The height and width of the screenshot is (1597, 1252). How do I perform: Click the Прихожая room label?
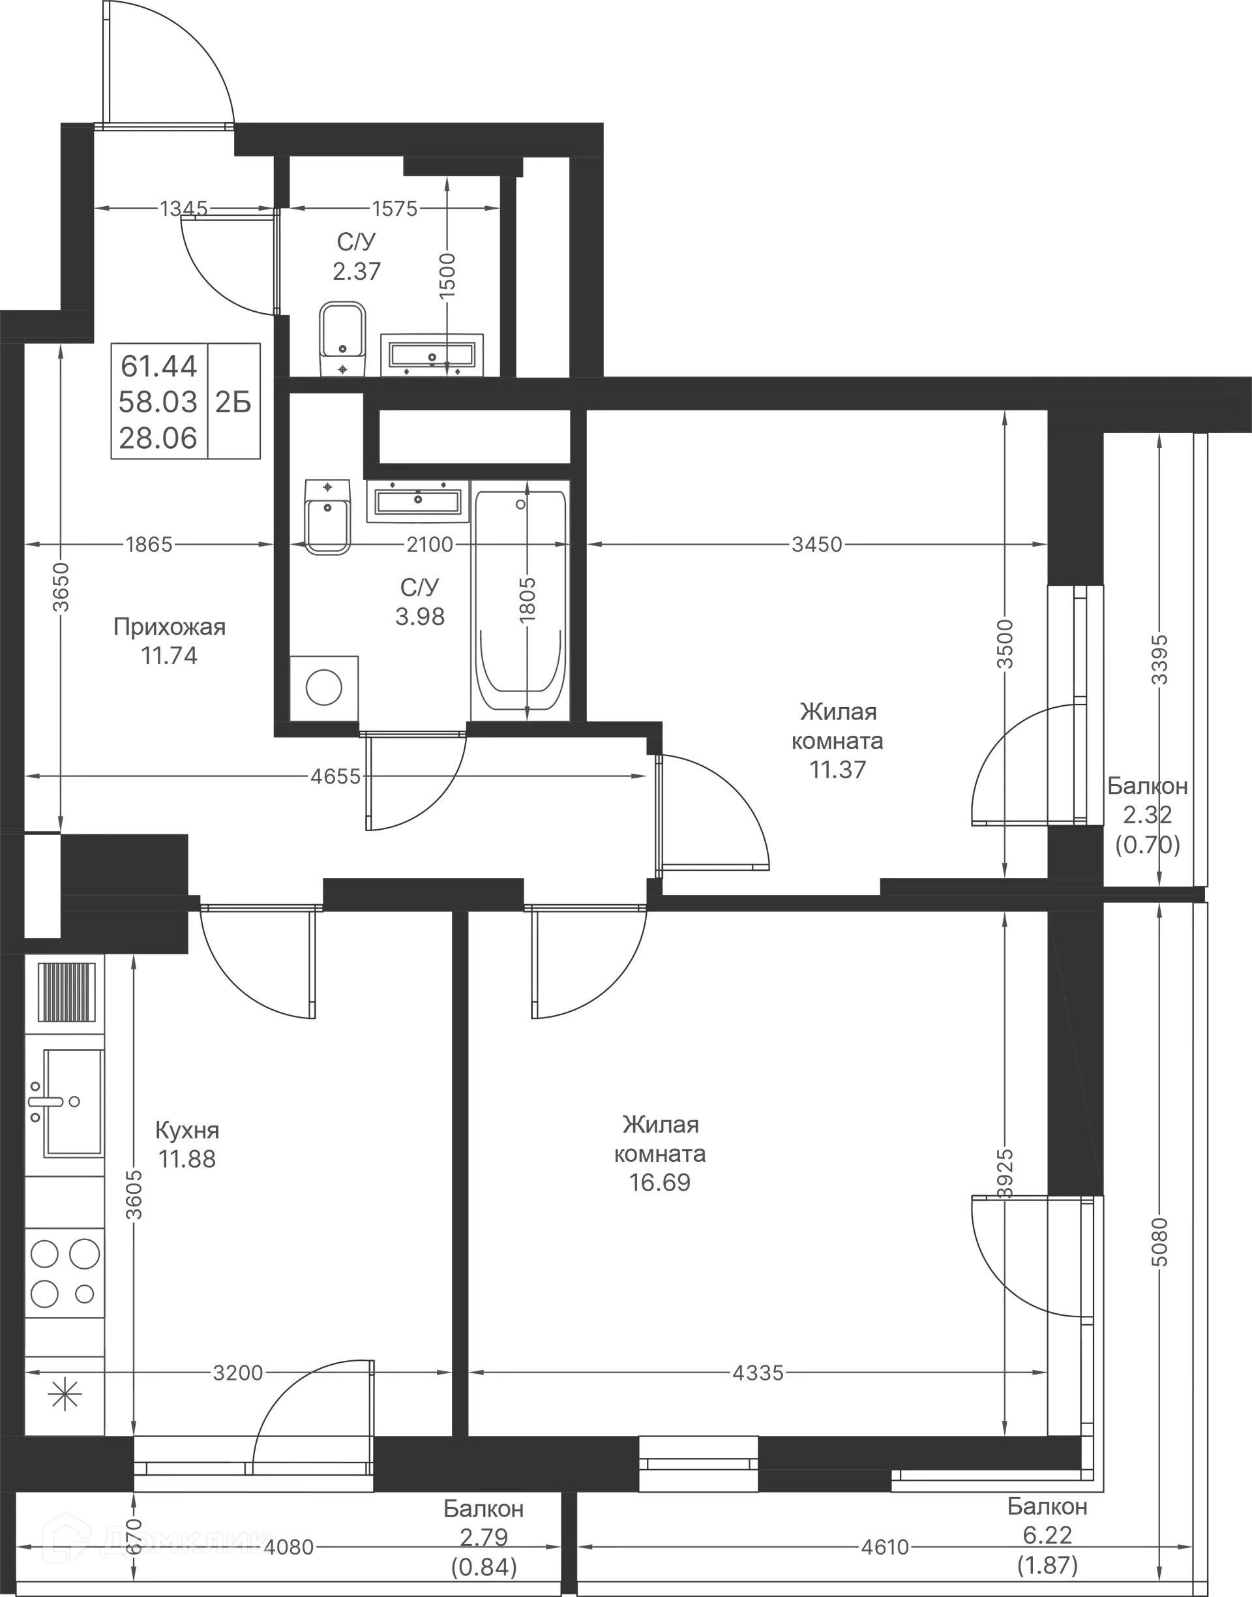(x=170, y=627)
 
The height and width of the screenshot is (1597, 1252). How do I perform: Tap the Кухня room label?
(x=188, y=1130)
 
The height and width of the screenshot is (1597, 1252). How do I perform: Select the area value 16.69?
(x=660, y=1183)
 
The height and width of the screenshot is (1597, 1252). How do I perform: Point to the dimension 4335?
(x=758, y=1372)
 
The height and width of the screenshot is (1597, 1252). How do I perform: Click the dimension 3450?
(x=819, y=545)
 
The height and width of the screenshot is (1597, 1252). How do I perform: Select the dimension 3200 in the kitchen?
(x=237, y=1372)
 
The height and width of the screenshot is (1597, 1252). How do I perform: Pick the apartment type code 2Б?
(x=235, y=402)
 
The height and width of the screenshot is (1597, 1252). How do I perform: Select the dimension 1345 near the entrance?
(x=184, y=209)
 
